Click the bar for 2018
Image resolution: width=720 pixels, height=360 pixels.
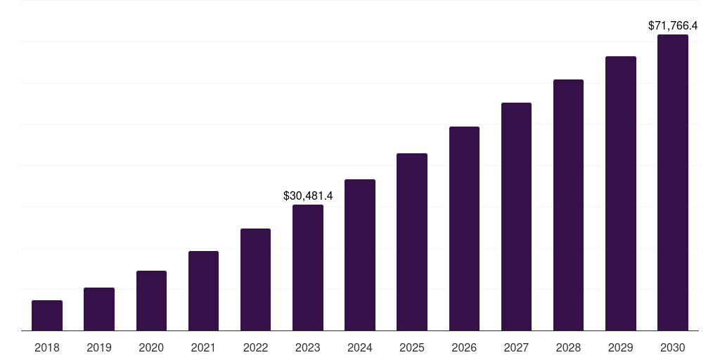pyautogui.click(x=47, y=315)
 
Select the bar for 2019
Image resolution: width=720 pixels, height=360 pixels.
pyautogui.click(x=99, y=309)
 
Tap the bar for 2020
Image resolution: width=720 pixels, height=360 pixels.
pyautogui.click(x=151, y=300)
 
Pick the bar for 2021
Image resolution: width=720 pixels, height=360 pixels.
pyautogui.click(x=203, y=290)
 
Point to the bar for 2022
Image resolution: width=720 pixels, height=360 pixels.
pyautogui.click(x=255, y=279)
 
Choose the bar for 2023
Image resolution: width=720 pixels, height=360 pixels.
pyautogui.click(x=308, y=267)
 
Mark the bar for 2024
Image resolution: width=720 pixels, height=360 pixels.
pyautogui.click(x=360, y=255)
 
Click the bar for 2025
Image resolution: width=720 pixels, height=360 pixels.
pyautogui.click(x=412, y=242)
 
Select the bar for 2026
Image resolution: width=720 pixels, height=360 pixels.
pyautogui.click(x=464, y=229)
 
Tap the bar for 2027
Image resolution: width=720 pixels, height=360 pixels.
pyautogui.click(x=516, y=217)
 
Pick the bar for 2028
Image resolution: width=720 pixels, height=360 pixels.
pyautogui.click(x=568, y=205)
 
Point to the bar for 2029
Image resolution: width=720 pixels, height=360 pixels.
pyautogui.click(x=621, y=193)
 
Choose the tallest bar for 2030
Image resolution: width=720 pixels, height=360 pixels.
pyautogui.click(x=673, y=182)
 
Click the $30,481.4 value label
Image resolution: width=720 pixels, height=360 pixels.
pyautogui.click(x=308, y=195)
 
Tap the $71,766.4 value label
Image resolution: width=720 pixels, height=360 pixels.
pyautogui.click(x=673, y=25)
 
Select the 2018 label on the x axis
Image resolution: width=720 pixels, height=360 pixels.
pyautogui.click(x=47, y=347)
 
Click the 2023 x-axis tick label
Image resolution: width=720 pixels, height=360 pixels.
pyautogui.click(x=308, y=347)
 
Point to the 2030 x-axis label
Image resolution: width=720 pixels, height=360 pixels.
pyautogui.click(x=673, y=347)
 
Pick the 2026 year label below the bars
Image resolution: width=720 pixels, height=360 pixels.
pyautogui.click(x=464, y=347)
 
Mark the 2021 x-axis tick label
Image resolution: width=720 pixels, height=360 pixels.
pyautogui.click(x=203, y=347)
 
